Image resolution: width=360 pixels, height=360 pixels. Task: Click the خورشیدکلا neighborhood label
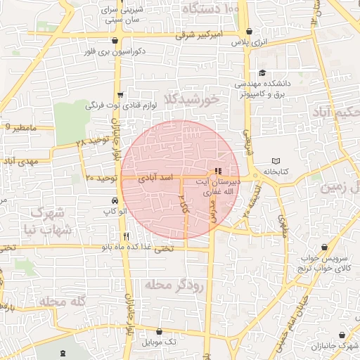click(191, 99)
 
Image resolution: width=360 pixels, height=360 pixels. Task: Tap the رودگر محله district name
click(174, 285)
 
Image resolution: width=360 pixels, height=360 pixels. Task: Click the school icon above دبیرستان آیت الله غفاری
click(218, 171)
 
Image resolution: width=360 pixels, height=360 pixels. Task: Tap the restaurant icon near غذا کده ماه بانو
click(126, 236)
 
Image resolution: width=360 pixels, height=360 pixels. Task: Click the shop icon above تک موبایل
click(159, 331)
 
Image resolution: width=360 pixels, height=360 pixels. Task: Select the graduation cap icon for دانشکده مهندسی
click(262, 73)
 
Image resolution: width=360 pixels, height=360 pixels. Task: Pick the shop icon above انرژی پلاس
click(250, 30)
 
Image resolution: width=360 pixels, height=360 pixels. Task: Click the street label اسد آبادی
click(158, 179)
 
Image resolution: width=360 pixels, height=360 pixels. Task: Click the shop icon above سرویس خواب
click(324, 247)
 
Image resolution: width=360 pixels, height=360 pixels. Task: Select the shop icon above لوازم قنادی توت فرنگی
click(120, 94)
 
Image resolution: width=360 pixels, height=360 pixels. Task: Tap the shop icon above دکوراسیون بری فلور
click(115, 40)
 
